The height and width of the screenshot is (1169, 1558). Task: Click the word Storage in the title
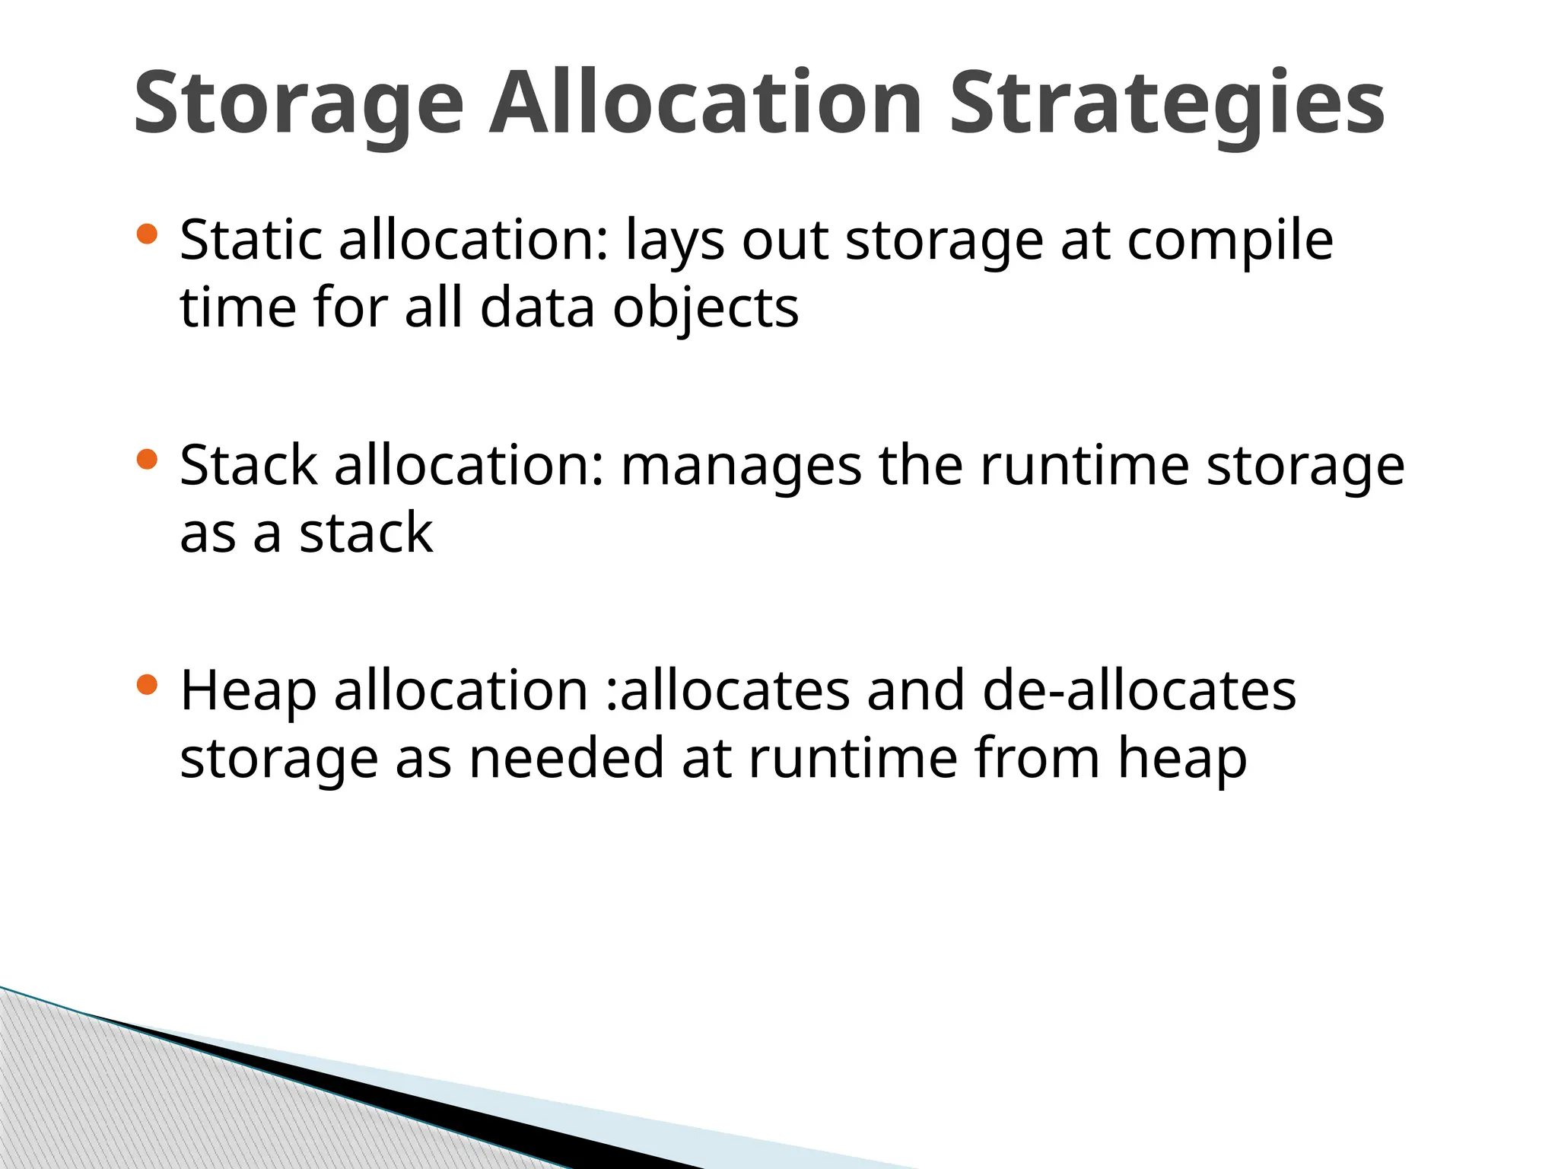(298, 104)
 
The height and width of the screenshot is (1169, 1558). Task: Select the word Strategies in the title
(1167, 104)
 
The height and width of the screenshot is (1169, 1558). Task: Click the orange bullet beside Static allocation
(146, 234)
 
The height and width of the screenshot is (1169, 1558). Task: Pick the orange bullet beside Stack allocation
(146, 459)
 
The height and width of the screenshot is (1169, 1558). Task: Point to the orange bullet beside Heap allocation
(146, 685)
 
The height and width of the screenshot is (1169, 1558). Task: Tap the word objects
(705, 309)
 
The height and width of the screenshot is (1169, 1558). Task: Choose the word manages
(741, 467)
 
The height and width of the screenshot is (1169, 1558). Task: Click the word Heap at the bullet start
(248, 692)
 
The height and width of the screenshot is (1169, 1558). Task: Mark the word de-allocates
(1139, 690)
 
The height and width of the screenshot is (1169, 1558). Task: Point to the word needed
(567, 758)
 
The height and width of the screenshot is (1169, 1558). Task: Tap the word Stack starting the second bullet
(248, 465)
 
